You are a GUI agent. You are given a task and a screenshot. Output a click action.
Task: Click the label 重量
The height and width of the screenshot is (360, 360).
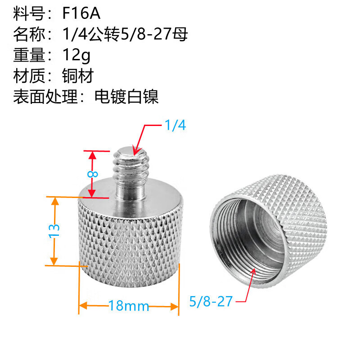29,55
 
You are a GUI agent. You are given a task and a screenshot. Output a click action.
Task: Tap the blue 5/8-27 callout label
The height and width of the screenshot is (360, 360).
211,301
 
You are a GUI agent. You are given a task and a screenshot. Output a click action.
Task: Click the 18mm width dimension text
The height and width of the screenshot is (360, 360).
129,306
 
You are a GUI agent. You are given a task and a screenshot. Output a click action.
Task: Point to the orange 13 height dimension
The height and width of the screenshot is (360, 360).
54,230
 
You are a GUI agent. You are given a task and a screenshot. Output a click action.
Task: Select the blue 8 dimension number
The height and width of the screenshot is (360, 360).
93,174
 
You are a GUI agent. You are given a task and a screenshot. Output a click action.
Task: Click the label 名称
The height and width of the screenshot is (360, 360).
29,35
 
